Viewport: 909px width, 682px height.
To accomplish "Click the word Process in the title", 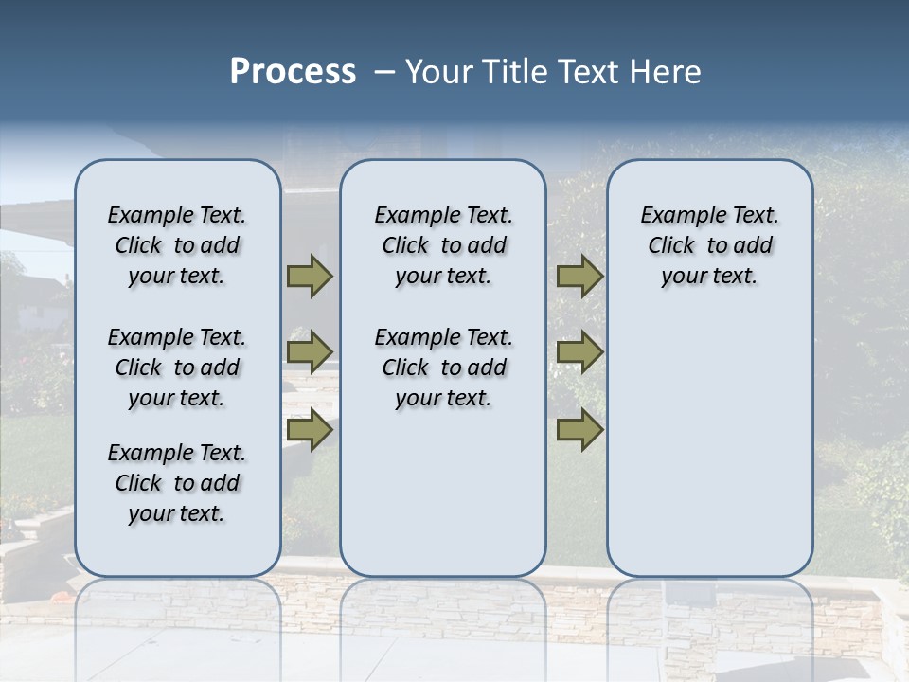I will (x=293, y=72).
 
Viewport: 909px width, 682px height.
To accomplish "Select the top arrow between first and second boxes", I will (x=310, y=276).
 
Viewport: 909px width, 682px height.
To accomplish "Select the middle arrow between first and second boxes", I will (x=310, y=352).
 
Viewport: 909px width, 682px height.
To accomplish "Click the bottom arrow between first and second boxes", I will (x=310, y=430).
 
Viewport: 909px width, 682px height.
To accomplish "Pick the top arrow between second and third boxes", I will (x=579, y=276).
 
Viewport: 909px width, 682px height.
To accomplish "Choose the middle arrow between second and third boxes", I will (x=579, y=352).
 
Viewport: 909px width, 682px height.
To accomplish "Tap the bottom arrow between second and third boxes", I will (x=579, y=430).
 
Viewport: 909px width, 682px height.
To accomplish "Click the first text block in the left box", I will (x=177, y=245).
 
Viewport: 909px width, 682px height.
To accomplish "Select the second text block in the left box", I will (x=177, y=368).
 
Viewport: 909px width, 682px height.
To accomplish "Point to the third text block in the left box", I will (x=177, y=483).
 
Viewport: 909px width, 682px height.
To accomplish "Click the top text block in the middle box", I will (x=443, y=245).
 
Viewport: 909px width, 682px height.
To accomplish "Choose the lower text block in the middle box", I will (x=443, y=368).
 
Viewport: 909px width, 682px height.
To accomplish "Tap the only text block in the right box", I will (x=709, y=245).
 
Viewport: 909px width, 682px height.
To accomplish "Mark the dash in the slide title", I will (x=384, y=72).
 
